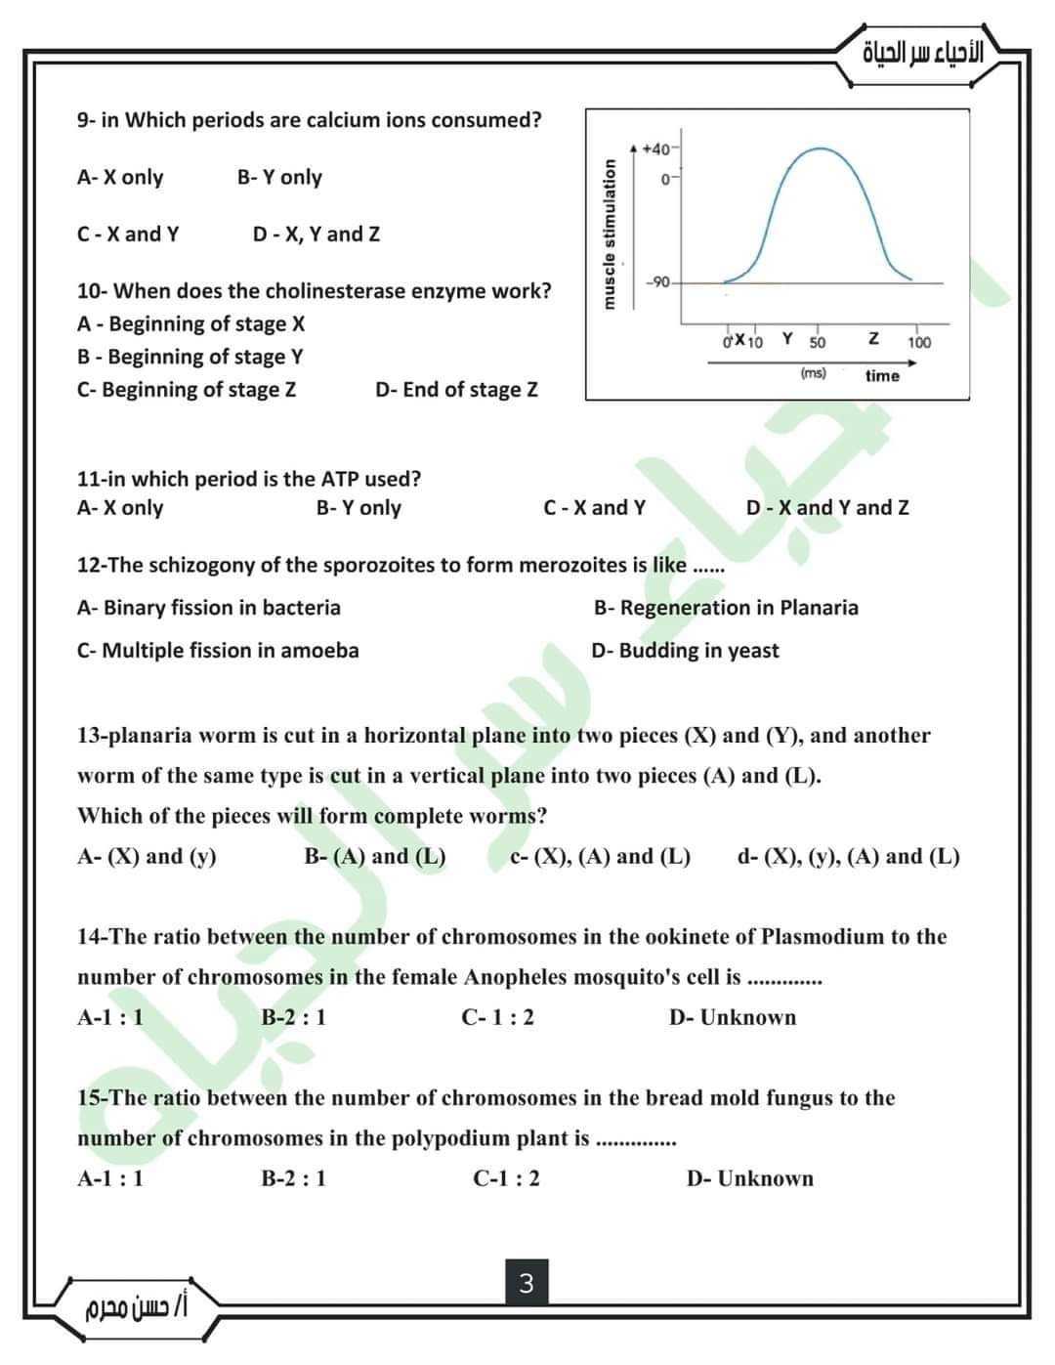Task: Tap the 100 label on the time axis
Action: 919,343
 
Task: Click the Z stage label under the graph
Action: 873,338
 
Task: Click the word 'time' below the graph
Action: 882,376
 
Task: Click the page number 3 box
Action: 527,1283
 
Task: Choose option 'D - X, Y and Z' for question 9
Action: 316,235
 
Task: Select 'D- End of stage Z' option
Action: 456,390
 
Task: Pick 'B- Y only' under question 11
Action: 359,508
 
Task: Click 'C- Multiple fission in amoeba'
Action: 218,651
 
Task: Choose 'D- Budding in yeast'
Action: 685,651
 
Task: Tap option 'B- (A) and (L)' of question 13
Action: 375,857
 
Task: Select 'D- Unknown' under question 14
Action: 733,1018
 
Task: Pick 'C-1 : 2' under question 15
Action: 506,1178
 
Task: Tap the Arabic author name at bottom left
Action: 138,1305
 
